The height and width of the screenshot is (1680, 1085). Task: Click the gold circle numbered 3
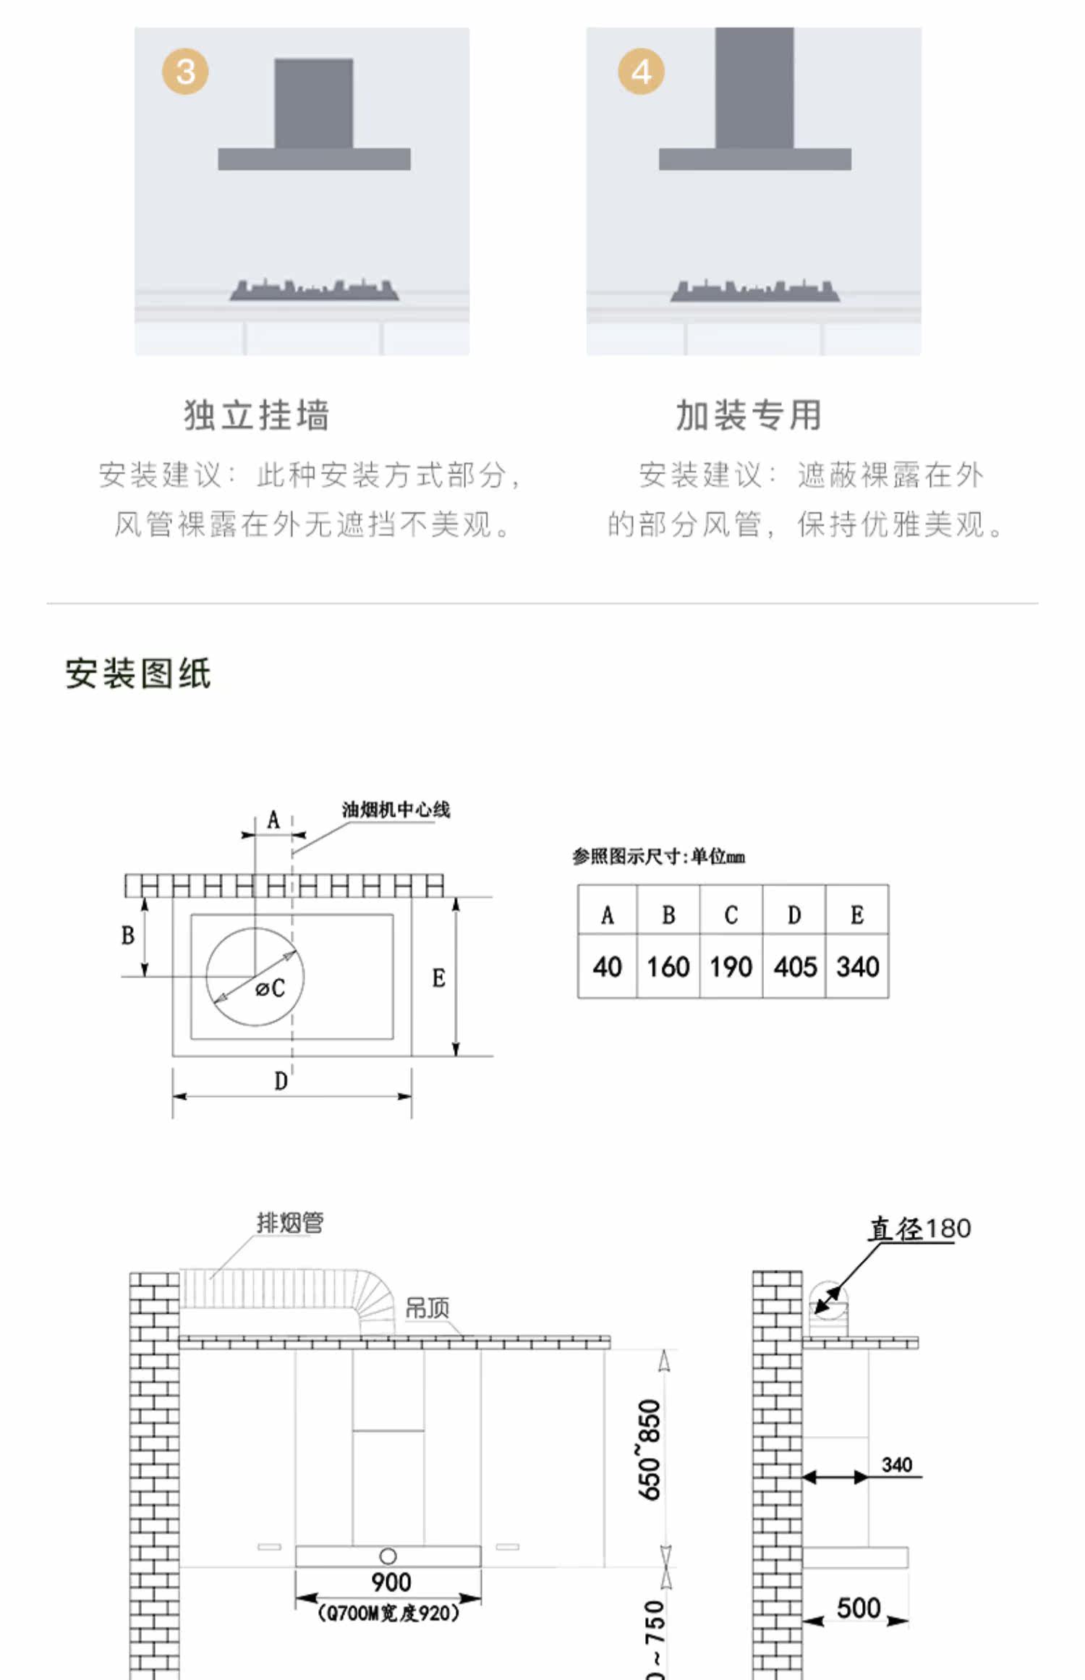[185, 72]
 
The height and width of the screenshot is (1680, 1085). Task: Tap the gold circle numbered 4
[641, 72]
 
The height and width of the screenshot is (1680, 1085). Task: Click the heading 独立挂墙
[257, 415]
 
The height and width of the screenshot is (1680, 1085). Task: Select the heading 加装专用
[749, 415]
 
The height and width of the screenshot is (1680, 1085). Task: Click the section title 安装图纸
[138, 674]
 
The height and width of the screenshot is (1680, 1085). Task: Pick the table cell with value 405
[795, 967]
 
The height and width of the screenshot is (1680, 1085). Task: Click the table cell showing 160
[668, 967]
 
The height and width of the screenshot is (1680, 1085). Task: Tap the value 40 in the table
[607, 967]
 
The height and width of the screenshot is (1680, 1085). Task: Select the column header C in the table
[731, 915]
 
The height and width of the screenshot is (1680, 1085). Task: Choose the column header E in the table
[857, 915]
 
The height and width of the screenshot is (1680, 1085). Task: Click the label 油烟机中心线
[396, 810]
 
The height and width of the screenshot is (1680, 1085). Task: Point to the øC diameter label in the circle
[271, 988]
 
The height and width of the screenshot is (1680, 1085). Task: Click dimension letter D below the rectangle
[281, 1082]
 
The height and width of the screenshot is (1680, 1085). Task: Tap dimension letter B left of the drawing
[128, 936]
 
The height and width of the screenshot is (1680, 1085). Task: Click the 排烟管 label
[290, 1223]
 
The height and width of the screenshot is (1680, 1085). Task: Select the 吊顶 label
[427, 1307]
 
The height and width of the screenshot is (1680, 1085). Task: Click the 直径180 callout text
[919, 1229]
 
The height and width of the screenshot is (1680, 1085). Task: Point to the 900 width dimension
[391, 1582]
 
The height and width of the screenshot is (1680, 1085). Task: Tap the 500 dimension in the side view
[858, 1608]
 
